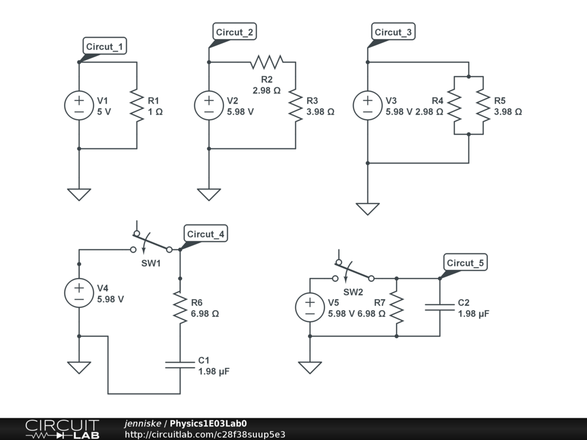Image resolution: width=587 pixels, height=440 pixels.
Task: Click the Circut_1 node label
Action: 104,46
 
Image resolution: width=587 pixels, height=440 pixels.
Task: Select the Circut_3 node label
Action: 393,32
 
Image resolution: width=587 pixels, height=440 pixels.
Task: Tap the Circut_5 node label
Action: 465,262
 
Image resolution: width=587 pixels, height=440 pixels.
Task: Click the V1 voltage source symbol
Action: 79,105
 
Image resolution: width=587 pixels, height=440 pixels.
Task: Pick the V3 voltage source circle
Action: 367,105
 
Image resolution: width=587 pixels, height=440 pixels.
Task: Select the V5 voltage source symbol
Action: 310,307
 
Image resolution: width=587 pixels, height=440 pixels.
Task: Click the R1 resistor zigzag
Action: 136,105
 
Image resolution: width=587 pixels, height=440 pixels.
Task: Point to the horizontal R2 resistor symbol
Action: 267,62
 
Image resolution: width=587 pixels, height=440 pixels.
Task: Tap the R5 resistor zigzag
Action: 483,105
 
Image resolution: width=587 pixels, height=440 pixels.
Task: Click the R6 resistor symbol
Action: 180,307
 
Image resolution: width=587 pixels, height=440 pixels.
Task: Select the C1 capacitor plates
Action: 180,365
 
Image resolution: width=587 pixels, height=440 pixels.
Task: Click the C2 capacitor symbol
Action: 440,307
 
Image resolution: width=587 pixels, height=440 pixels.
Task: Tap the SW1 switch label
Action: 151,263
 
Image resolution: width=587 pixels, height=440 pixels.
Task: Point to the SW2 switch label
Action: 353,292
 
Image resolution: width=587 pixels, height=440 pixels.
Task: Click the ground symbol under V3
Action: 367,209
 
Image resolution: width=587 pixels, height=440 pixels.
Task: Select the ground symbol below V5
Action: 310,367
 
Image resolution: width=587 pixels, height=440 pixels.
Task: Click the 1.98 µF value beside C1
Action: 214,371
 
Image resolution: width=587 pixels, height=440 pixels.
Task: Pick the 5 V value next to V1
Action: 104,112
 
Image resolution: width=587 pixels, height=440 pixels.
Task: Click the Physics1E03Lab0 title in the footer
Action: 208,423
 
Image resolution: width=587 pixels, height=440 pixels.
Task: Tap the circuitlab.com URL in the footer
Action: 205,434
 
